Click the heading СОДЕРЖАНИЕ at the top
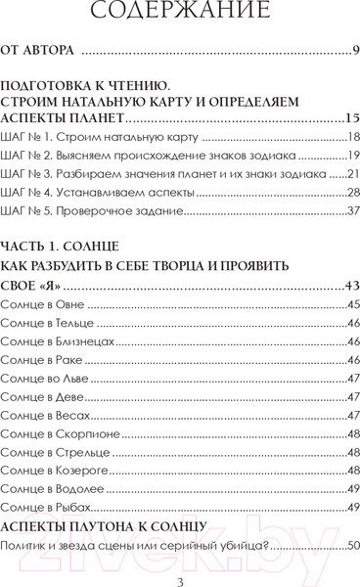(x=180, y=14)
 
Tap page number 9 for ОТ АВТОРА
(x=354, y=50)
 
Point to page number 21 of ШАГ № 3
(x=351, y=175)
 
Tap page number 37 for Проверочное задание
(x=351, y=212)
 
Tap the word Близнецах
(x=85, y=341)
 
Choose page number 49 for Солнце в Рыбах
(x=351, y=506)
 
